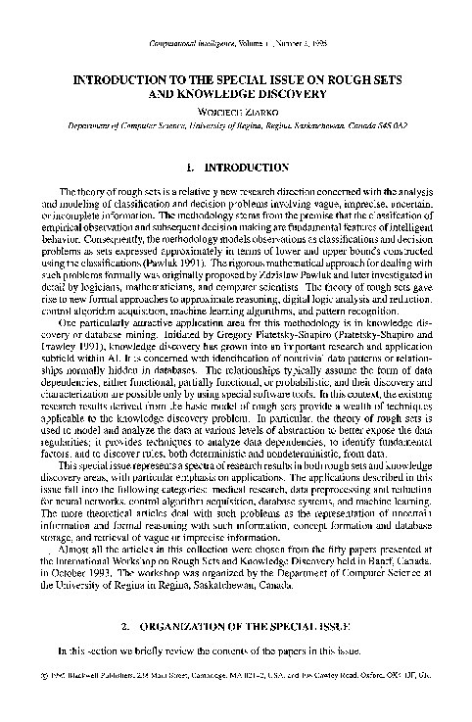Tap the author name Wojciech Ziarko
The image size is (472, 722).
(x=236, y=111)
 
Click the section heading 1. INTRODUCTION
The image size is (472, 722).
(x=236, y=167)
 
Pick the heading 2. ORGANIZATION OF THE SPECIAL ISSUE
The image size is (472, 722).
(x=236, y=651)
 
